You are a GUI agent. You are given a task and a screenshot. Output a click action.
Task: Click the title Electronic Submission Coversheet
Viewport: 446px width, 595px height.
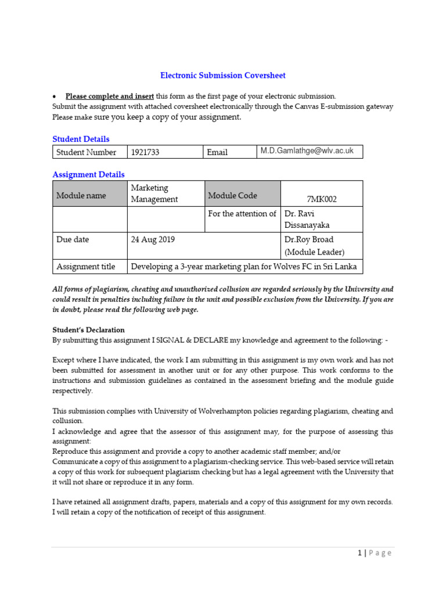(x=223, y=76)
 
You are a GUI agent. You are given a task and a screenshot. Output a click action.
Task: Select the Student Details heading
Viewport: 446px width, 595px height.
(x=81, y=139)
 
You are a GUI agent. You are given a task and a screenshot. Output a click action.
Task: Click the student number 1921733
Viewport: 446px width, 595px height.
(x=145, y=152)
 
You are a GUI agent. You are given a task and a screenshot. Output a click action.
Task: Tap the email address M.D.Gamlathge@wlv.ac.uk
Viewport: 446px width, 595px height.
(x=307, y=151)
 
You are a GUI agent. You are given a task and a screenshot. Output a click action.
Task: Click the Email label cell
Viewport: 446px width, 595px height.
(x=217, y=152)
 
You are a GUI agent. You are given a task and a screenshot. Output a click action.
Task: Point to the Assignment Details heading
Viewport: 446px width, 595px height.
(x=88, y=174)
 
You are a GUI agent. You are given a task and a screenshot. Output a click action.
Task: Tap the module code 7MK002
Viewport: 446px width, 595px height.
(x=322, y=199)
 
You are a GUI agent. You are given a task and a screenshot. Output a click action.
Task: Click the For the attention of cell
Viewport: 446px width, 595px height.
(x=242, y=214)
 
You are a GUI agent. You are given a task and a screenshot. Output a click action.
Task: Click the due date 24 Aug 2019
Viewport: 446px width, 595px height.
(x=153, y=239)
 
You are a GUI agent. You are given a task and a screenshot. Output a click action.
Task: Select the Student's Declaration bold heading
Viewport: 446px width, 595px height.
(x=88, y=330)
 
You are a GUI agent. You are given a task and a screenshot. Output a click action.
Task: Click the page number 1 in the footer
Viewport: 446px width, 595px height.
(x=359, y=553)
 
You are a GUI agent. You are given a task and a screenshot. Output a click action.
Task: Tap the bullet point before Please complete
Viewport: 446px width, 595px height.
(x=54, y=96)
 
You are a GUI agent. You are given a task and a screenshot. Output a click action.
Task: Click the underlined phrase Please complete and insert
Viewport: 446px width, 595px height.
(x=109, y=96)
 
